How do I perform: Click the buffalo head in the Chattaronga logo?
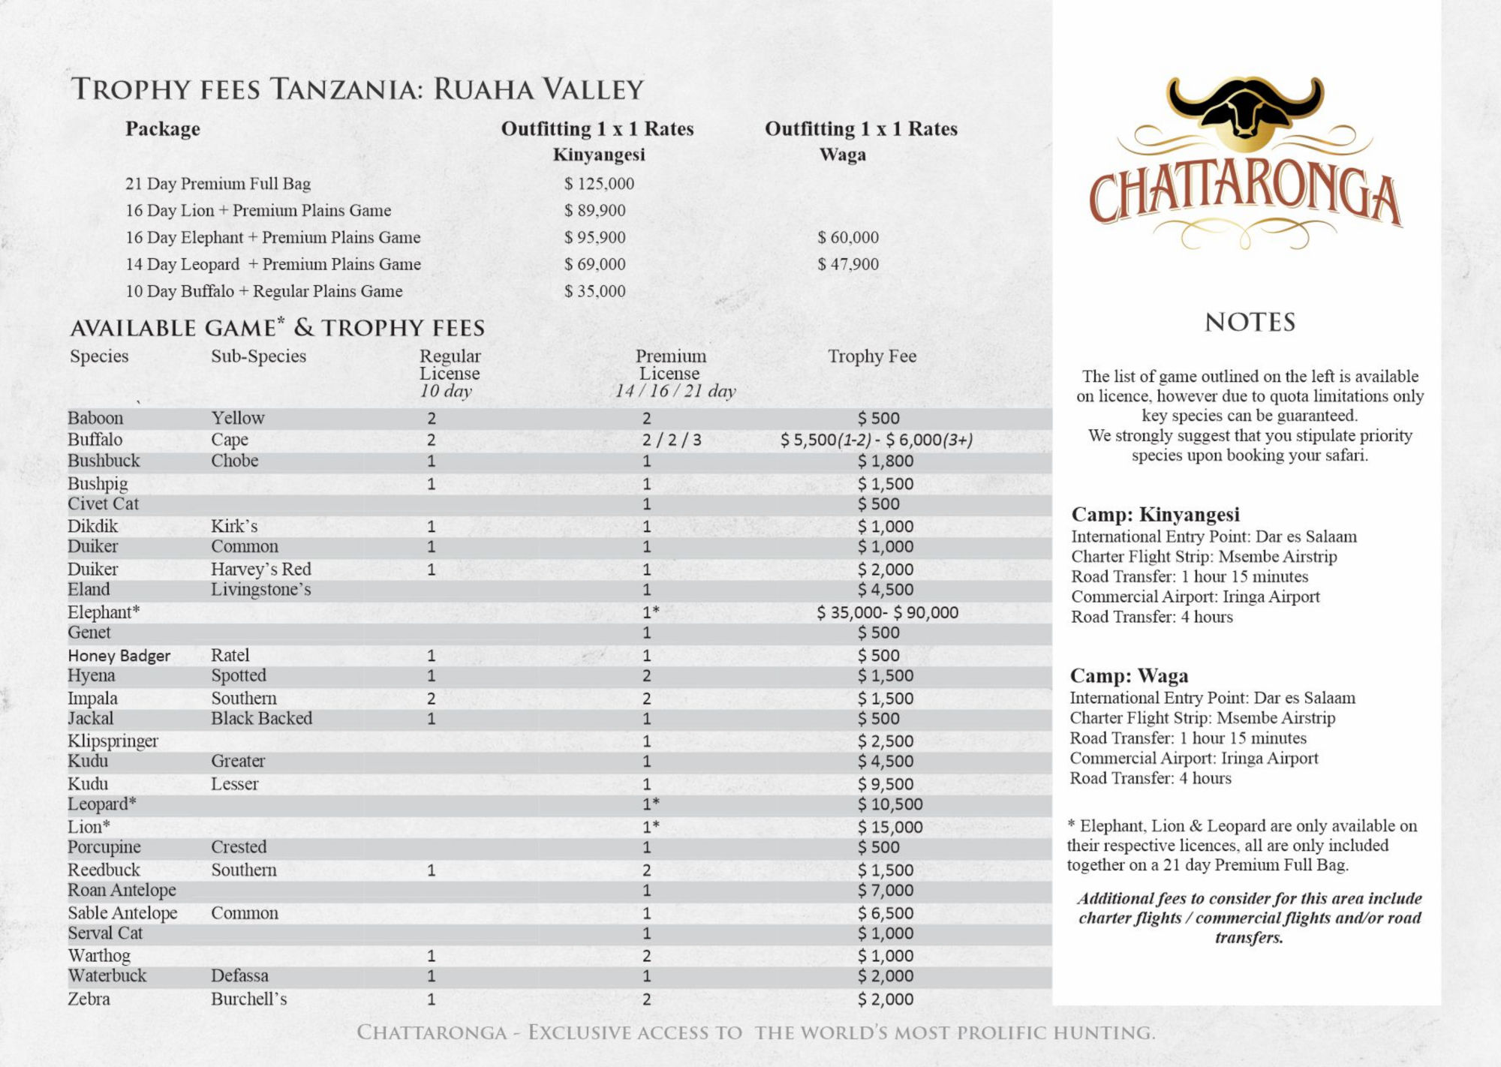pos(1245,110)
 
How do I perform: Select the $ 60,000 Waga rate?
pos(848,238)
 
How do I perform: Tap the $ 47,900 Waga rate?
pos(848,265)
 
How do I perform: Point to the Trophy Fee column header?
pos(872,356)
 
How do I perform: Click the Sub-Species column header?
pos(258,356)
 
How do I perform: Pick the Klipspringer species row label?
pos(113,741)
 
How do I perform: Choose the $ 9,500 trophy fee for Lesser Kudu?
pos(886,784)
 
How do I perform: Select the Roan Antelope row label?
pos(122,891)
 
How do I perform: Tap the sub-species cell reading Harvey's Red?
pos(260,570)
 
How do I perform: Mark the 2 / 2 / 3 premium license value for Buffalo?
pos(672,440)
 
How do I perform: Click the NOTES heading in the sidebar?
pos(1250,323)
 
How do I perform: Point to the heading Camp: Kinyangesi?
pos(1155,515)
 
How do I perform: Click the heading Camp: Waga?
pos(1129,676)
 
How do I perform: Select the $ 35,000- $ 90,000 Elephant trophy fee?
pos(887,612)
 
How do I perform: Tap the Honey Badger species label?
pos(119,656)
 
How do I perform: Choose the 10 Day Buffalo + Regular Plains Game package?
pos(264,291)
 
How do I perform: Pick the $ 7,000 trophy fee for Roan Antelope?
pos(886,891)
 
